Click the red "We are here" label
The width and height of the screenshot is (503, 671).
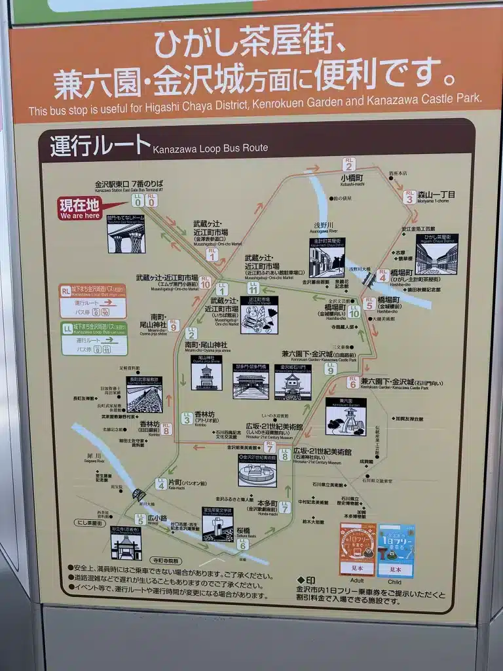point(80,208)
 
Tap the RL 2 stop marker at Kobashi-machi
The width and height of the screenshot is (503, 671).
point(349,164)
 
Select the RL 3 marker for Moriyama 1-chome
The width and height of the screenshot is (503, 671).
point(409,196)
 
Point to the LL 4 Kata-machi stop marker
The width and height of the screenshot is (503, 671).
point(160,484)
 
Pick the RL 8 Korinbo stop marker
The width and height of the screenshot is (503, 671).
point(166,429)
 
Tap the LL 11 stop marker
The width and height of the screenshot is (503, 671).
point(253,286)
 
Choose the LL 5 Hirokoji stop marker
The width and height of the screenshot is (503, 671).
point(140,519)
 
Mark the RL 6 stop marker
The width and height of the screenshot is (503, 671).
point(352,381)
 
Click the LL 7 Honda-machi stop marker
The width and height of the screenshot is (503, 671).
point(284,506)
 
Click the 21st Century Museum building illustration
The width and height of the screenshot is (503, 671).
point(257,470)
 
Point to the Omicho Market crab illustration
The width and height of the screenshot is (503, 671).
point(259,315)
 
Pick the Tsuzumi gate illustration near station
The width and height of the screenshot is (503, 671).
point(126,233)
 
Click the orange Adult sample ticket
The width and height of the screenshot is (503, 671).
point(358,549)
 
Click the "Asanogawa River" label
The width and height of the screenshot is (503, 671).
point(324,231)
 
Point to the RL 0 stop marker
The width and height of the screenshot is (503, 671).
point(151,200)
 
